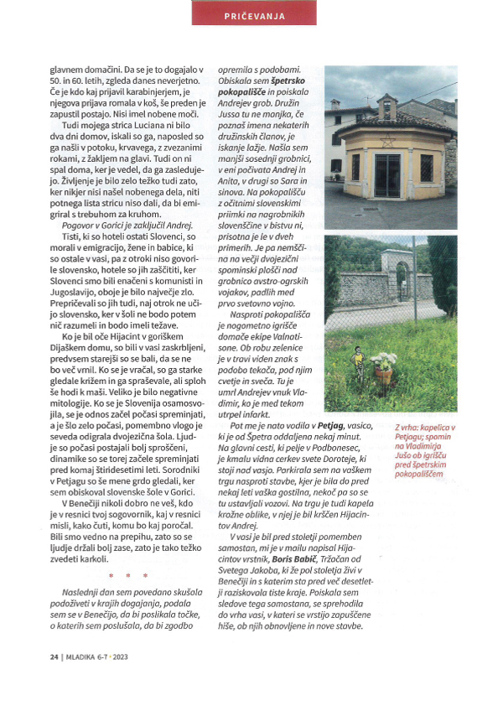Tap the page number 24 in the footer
[30, 680]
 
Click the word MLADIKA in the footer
[56, 680]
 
